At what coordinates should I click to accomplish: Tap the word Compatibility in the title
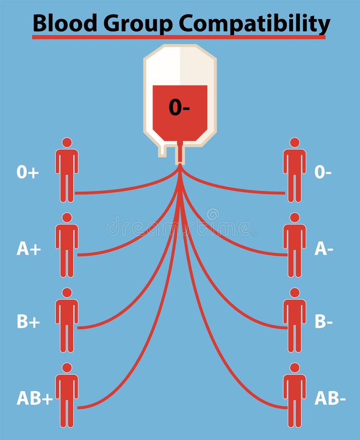[x=254, y=22]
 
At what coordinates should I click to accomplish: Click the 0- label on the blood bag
[x=179, y=108]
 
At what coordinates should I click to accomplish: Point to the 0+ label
[x=28, y=172]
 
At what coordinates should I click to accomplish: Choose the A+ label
[x=28, y=249]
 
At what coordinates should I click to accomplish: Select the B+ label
[x=28, y=322]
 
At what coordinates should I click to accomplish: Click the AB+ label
[x=35, y=398]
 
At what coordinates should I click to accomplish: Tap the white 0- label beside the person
[x=323, y=172]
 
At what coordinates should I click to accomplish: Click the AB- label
[x=330, y=398]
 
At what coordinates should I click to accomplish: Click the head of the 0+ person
[x=67, y=142]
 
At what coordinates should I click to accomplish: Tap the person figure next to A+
[x=67, y=247]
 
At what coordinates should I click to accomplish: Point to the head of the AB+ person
[x=67, y=367]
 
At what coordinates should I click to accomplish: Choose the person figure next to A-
[x=295, y=247]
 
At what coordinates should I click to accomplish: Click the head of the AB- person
[x=295, y=367]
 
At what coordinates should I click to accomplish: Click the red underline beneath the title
[x=179, y=37]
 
